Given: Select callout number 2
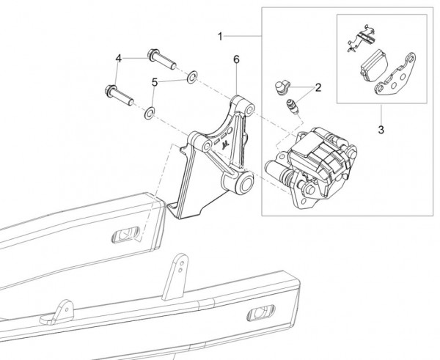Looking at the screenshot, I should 319,87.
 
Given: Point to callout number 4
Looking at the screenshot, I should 118,58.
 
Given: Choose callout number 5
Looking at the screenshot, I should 155,82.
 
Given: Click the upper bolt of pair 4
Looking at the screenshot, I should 161,58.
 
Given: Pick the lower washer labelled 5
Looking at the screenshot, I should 148,112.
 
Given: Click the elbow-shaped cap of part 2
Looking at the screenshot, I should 282,88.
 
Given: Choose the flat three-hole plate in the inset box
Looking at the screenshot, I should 396,82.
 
